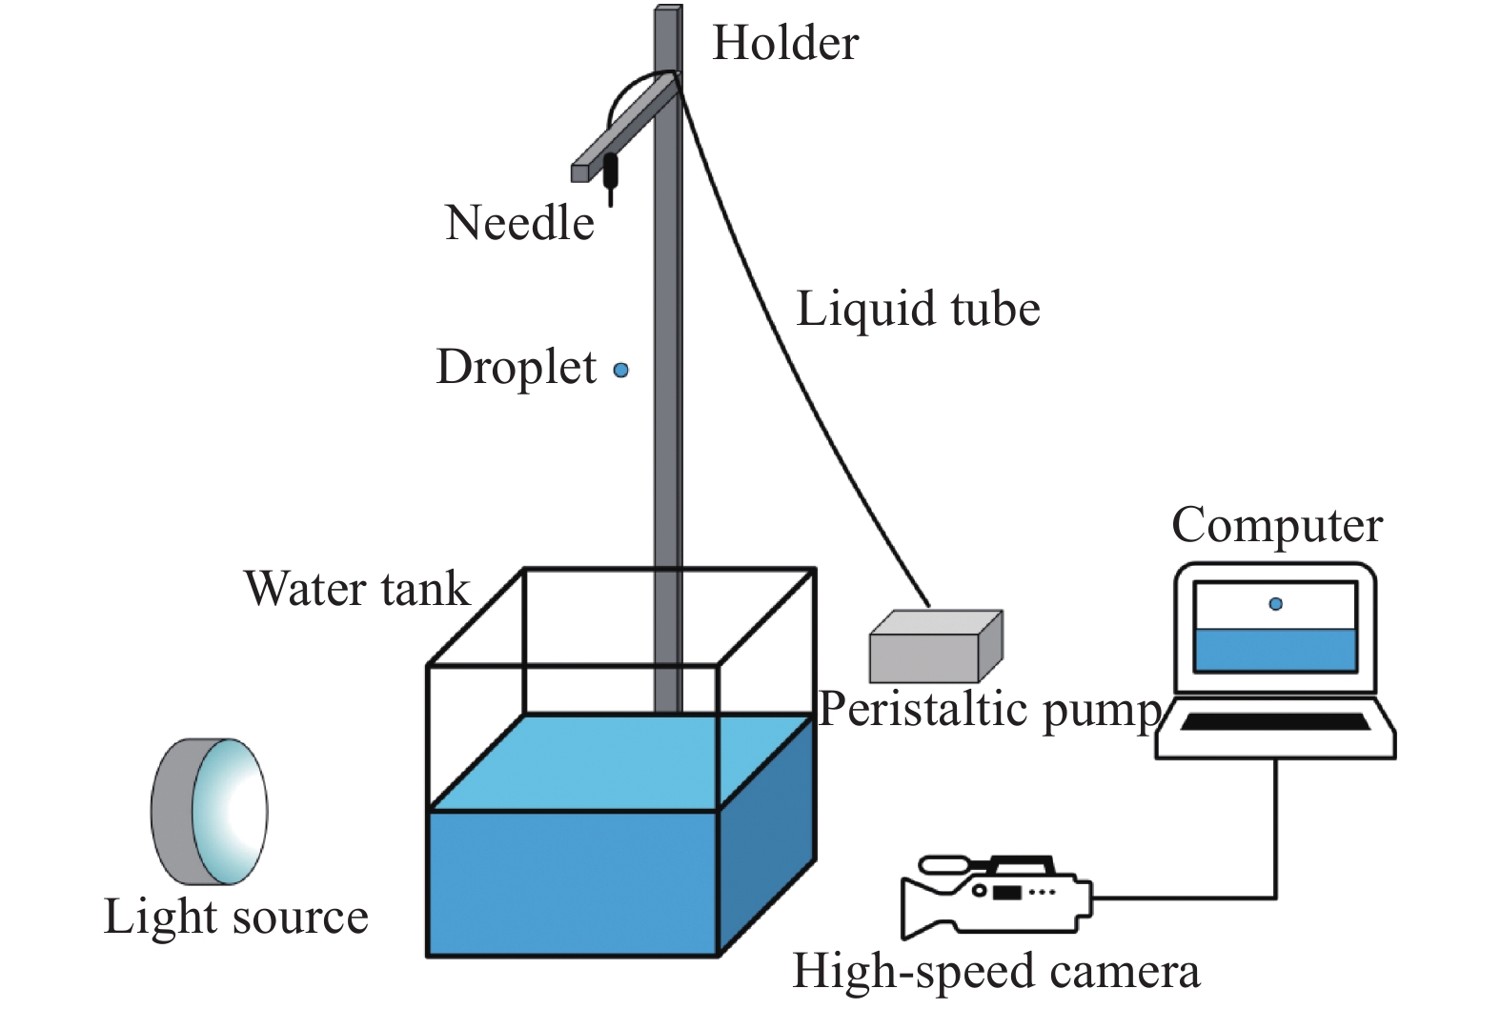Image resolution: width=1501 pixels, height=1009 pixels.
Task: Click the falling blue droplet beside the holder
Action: pos(620,370)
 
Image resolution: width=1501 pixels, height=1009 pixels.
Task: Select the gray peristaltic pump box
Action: pos(933,648)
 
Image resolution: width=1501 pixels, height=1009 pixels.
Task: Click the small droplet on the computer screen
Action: pos(1276,603)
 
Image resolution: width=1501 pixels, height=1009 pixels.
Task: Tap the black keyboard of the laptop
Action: pos(1275,722)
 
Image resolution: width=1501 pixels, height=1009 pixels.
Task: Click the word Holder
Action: pos(785,44)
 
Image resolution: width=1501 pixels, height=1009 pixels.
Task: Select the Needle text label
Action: pos(519,224)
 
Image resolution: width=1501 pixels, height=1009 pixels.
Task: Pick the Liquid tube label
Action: pos(918,310)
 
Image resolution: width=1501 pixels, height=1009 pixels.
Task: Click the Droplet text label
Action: pos(516,368)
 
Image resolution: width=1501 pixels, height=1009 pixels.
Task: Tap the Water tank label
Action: pos(356,589)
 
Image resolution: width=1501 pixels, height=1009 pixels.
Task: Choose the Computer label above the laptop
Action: pos(1276,525)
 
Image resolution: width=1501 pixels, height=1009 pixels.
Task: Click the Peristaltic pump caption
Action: pos(989,710)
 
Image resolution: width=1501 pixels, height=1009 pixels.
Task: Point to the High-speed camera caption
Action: pos(995,972)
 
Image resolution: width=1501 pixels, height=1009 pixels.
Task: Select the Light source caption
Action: pos(235,917)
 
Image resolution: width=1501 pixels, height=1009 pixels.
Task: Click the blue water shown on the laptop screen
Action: pos(1275,651)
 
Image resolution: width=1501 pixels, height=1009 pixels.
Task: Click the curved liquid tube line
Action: pos(791,333)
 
